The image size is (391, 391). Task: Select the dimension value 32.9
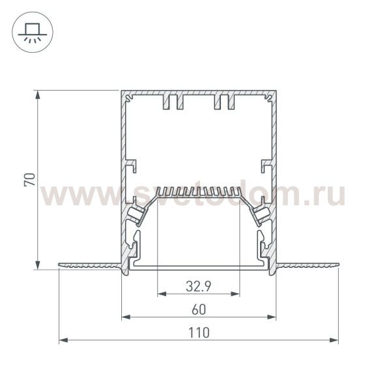point(198,285)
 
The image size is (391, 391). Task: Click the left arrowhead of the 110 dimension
point(63,340)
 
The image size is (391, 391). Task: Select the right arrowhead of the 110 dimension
point(335,340)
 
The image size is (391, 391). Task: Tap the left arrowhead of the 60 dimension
point(126,317)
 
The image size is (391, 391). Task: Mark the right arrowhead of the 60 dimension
point(272,317)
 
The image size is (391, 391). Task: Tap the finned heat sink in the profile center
point(199,192)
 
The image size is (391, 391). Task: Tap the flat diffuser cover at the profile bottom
point(199,266)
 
